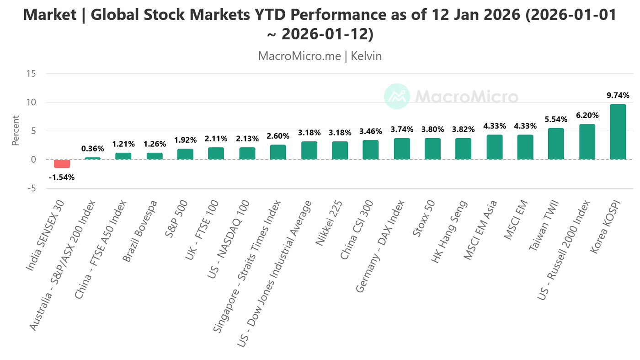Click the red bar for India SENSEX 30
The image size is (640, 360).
62,164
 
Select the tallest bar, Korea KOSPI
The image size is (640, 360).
618,132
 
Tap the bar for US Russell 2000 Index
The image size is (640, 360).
587,142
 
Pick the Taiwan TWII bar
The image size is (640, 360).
556,144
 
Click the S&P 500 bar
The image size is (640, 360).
185,154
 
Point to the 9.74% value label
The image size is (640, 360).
618,96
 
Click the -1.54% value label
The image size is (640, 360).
62,177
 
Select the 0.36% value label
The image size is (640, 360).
93,149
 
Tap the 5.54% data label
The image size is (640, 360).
556,119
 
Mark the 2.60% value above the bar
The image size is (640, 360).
278,136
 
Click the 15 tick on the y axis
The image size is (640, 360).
32,74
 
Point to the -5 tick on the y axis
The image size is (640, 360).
32,188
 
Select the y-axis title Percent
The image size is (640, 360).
16,131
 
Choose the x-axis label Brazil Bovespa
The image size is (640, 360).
141,231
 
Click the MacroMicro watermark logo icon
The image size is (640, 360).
396,97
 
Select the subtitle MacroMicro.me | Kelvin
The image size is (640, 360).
320,56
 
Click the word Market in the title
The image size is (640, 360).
49,15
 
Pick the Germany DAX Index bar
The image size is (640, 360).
401,149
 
